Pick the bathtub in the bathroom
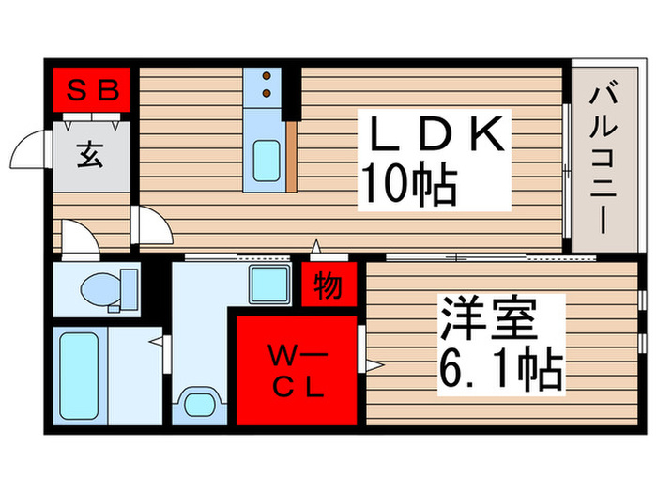(81, 374)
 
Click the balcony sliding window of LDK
(567, 169)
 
